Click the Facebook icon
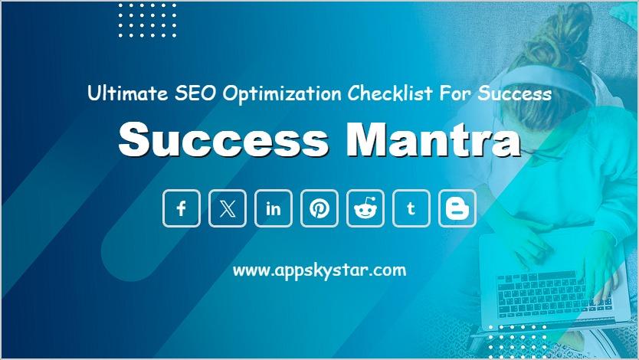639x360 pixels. coord(182,208)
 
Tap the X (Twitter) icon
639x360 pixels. coord(228,208)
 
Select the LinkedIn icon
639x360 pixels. coord(274,208)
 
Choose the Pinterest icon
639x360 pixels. coord(319,208)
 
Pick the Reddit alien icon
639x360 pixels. coord(365,208)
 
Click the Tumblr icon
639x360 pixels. coord(411,208)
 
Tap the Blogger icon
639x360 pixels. coord(457,208)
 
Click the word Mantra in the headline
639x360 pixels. coord(434,140)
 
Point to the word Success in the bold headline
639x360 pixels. coord(223,140)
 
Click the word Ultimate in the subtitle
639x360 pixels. coord(127,93)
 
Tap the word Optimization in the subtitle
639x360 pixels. coord(282,94)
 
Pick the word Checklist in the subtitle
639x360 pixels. coord(390,93)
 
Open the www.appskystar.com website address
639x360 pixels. coord(319,270)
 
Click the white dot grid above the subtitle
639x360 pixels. coord(148,21)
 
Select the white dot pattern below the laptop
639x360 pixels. coord(517,342)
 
